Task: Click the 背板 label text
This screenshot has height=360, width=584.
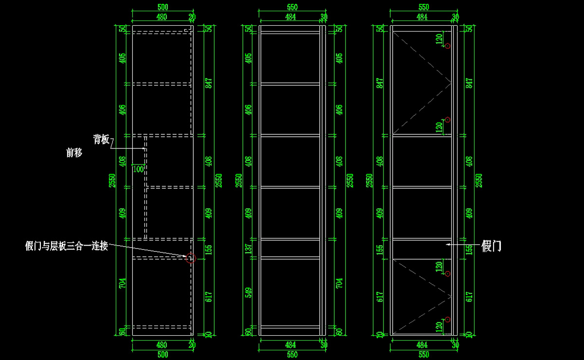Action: pyautogui.click(x=101, y=140)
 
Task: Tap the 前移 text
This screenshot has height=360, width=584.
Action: pyautogui.click(x=74, y=153)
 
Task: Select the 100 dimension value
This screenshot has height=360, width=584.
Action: pyautogui.click(x=138, y=169)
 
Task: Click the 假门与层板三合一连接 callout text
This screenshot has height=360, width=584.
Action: pyautogui.click(x=66, y=246)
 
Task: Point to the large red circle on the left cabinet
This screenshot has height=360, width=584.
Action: pyautogui.click(x=190, y=258)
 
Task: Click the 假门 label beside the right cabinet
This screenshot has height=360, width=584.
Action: pyautogui.click(x=491, y=246)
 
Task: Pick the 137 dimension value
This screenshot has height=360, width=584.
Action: pyautogui.click(x=248, y=249)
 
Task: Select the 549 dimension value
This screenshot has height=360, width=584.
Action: pyautogui.click(x=248, y=292)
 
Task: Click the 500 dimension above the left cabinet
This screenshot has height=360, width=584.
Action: pyautogui.click(x=163, y=8)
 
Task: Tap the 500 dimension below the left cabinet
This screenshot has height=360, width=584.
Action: pyautogui.click(x=163, y=355)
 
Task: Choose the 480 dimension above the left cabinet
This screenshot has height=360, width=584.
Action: pyautogui.click(x=162, y=17)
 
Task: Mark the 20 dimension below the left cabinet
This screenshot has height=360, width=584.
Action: pyautogui.click(x=192, y=345)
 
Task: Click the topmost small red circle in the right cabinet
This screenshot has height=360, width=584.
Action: pyautogui.click(x=448, y=46)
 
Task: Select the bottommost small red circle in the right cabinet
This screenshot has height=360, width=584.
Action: pyautogui.click(x=448, y=320)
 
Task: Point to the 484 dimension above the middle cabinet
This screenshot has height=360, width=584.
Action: pyautogui.click(x=291, y=17)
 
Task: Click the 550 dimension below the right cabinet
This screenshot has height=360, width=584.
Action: pyautogui.click(x=423, y=355)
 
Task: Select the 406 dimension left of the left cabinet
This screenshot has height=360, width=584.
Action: pyautogui.click(x=122, y=109)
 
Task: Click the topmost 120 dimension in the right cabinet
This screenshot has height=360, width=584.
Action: pyautogui.click(x=438, y=38)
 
